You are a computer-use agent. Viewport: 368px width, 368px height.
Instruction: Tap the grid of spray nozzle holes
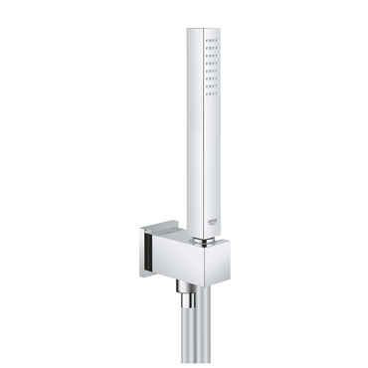click(210, 66)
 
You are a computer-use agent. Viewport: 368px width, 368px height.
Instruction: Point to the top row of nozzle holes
click(210, 43)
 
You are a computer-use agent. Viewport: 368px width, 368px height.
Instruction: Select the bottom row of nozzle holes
click(210, 90)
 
